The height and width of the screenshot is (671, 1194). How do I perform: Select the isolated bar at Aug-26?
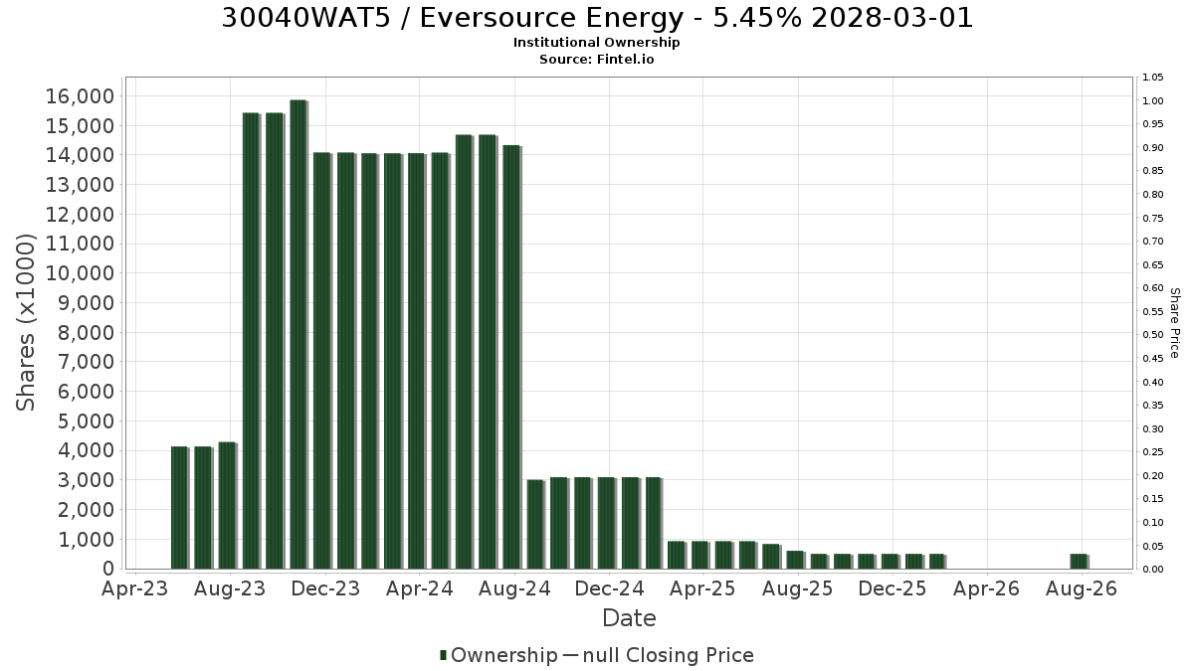point(1079,562)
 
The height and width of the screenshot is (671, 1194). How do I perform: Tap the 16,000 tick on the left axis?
point(80,96)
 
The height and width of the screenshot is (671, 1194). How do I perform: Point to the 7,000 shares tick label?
point(87,362)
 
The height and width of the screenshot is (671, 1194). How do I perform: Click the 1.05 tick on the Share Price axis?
point(1153,78)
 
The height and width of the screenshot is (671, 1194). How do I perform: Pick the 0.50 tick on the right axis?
point(1153,334)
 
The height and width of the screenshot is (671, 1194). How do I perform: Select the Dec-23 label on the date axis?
point(325,588)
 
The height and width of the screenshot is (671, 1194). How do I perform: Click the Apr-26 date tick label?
point(986,588)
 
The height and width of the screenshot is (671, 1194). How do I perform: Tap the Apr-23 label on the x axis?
point(135,588)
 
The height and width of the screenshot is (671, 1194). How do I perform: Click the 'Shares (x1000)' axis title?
point(25,322)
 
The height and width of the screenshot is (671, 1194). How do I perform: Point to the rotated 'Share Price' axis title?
point(1175,323)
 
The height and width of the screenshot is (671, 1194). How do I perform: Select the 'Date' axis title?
point(629,618)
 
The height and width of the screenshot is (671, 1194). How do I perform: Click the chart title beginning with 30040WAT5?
point(597,18)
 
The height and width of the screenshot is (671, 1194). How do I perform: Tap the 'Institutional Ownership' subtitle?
point(596,42)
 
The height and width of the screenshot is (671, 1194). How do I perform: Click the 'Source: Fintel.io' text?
point(596,59)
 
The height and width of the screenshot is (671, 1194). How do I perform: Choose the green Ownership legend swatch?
point(443,654)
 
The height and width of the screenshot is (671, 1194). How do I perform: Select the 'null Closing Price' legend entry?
point(668,655)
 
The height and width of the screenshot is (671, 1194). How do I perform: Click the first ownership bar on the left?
point(180,508)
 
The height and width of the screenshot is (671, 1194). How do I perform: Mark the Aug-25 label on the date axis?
point(797,588)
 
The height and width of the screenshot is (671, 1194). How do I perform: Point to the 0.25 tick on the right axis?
point(1153,451)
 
